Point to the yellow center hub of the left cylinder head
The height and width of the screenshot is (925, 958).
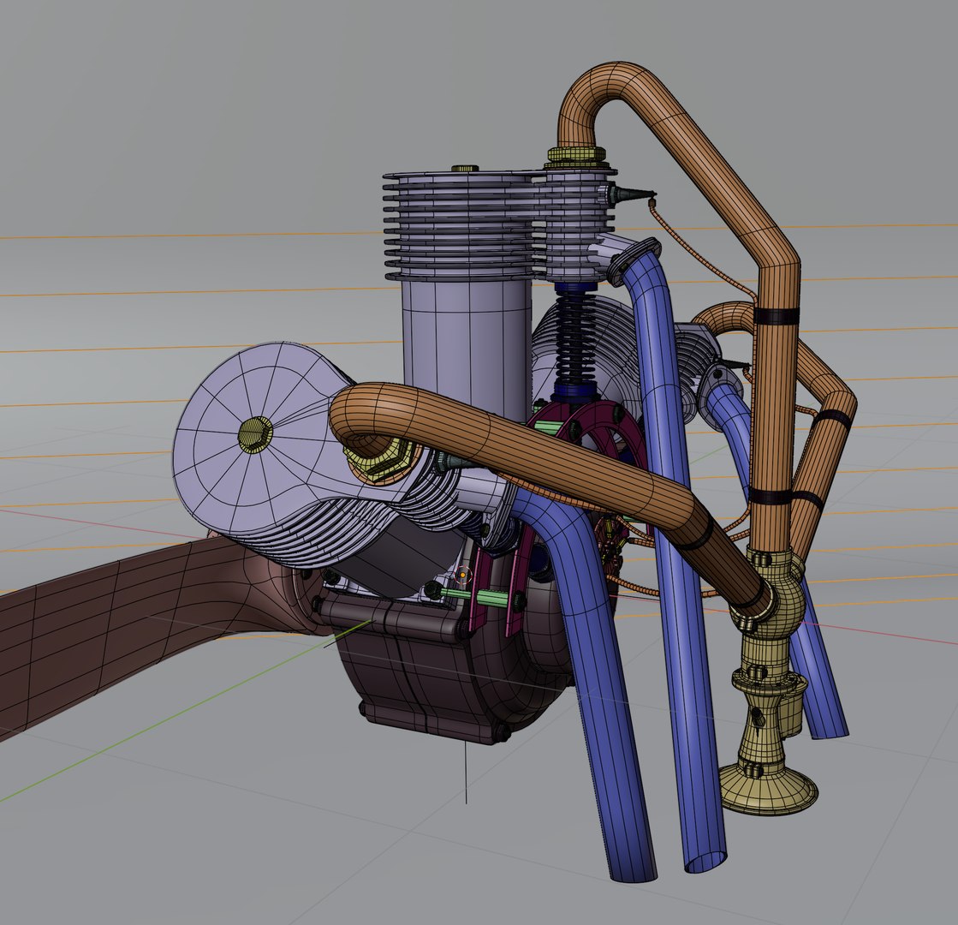pyautogui.click(x=253, y=435)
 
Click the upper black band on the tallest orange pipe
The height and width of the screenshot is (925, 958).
pyautogui.click(x=776, y=316)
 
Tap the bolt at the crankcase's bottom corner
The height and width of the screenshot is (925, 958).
pyautogui.click(x=500, y=733)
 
